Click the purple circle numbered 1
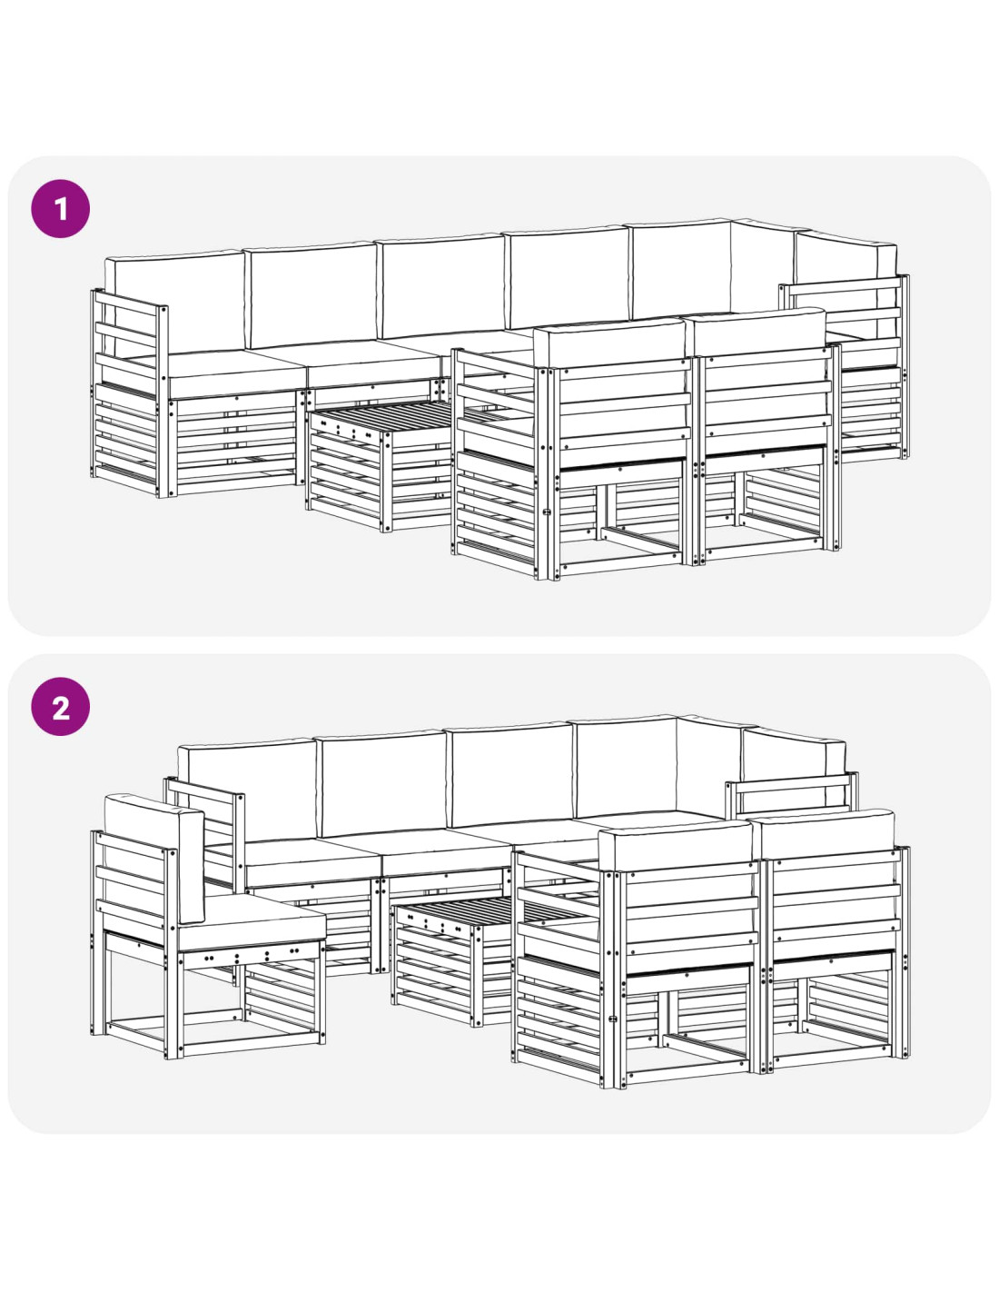pos(60,209)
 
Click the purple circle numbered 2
pos(60,707)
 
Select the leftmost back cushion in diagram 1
pos(175,301)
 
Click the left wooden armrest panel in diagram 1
pos(130,393)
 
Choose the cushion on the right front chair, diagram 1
pos(755,332)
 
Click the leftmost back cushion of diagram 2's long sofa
pos(247,790)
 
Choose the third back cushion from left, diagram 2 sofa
pos(509,774)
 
